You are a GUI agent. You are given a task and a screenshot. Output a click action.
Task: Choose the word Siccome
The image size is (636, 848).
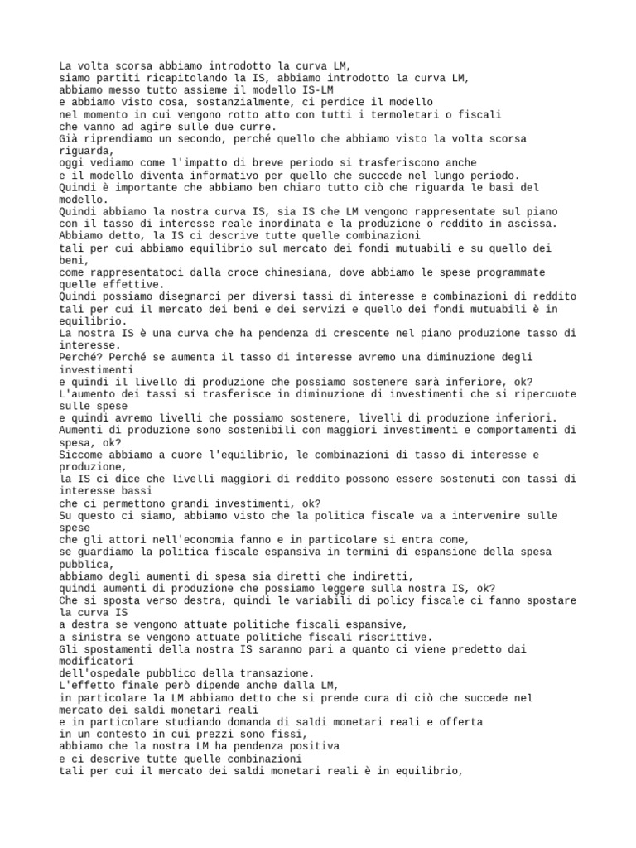coord(82,455)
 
